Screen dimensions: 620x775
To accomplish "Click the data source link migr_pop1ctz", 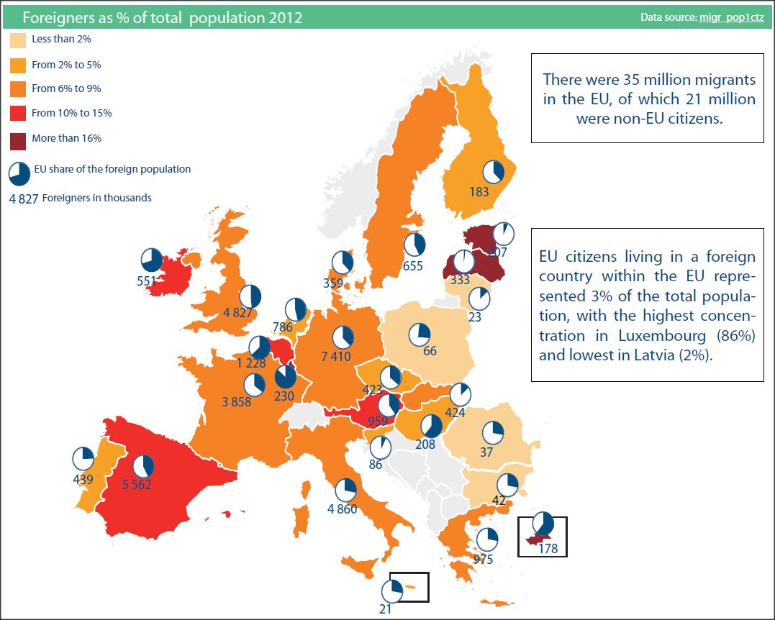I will click(731, 17).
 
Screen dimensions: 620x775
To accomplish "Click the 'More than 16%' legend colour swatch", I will click(17, 137).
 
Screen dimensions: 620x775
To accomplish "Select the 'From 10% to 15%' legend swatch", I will click(17, 113).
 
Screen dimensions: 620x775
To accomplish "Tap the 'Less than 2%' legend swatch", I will click(17, 40).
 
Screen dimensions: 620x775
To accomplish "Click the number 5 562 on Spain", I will click(137, 485).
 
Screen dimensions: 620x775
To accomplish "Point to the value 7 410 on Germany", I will click(337, 356).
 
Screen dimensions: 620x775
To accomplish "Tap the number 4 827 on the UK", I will click(237, 313).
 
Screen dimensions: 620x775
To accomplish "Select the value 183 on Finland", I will click(479, 192).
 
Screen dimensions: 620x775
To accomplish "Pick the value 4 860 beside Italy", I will click(342, 509).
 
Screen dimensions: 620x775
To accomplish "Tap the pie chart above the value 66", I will click(420, 334).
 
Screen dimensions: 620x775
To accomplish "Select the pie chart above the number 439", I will click(83, 458).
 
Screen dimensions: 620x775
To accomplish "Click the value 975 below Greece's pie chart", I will click(484, 558).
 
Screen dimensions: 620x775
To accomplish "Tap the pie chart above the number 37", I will click(493, 432).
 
